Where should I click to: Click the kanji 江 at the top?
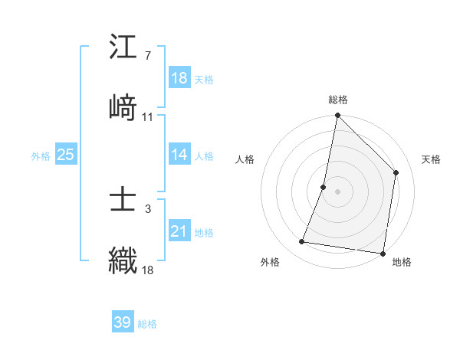point(123,47)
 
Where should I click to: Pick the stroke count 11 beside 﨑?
point(147,116)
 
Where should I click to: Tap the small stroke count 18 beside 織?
point(147,270)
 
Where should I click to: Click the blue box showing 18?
point(179,78)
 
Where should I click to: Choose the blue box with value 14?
point(179,155)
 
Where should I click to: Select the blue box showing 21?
point(179,231)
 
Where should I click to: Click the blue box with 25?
point(66,155)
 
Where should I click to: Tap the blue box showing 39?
point(123,322)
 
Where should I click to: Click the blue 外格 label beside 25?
point(41,155)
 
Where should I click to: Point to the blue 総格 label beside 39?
point(147,324)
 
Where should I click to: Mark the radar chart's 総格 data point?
point(337,116)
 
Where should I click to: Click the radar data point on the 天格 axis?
point(396,172)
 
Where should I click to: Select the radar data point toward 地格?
point(382,253)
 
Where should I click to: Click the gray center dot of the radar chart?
point(337,191)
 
